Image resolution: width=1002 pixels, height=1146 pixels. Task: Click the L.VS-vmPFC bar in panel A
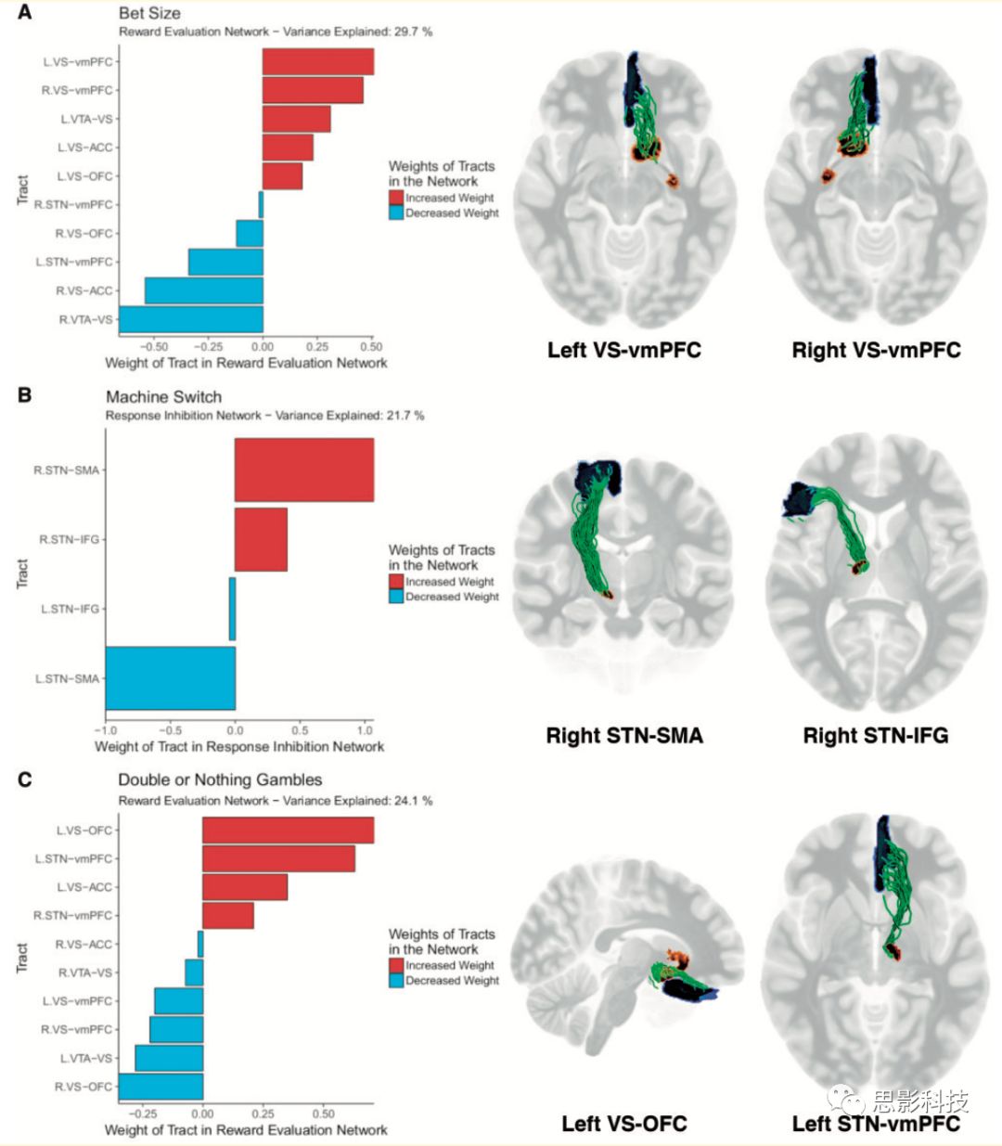pos(317,61)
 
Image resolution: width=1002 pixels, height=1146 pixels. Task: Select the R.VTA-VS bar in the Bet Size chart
pos(191,319)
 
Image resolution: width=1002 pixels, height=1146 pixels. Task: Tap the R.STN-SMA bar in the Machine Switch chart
pos(303,470)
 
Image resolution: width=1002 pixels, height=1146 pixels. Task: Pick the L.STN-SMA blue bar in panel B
pos(170,678)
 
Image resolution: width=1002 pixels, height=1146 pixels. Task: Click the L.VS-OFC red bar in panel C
pos(288,830)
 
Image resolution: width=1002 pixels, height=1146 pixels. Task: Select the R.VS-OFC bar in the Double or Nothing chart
pos(161,1086)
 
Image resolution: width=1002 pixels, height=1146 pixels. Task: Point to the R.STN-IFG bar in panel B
pos(261,539)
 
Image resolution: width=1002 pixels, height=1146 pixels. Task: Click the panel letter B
pos(24,395)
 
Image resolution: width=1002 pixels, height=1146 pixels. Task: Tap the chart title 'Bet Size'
pos(149,14)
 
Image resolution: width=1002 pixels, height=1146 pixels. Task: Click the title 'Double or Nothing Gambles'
pos(220,779)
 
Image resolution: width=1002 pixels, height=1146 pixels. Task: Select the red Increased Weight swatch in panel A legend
pos(396,198)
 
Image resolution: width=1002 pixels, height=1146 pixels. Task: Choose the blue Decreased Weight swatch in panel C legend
pos(396,980)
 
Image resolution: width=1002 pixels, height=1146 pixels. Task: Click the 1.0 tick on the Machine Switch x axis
pos(365,730)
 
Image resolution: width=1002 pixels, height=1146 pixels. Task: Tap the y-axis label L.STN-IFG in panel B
pos(70,609)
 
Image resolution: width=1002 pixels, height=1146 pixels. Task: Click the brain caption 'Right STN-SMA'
pos(624,736)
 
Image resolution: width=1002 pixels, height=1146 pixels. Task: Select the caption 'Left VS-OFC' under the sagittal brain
pos(623,1124)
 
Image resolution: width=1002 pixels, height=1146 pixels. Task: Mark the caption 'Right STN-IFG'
pos(876,736)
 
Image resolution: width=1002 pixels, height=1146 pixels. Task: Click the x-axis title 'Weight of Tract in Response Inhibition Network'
pos(239,746)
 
